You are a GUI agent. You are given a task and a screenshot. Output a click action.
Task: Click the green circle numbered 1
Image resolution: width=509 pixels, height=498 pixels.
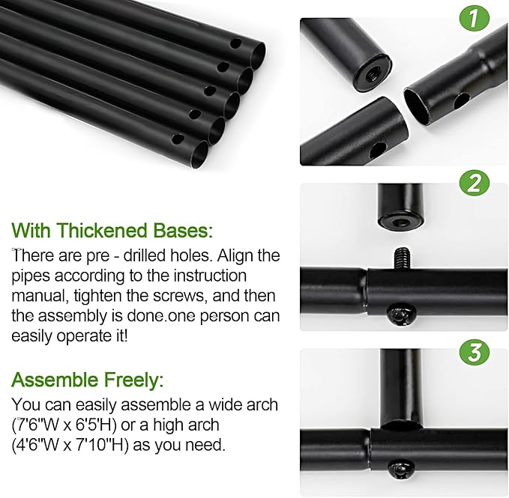pyautogui.click(x=474, y=17)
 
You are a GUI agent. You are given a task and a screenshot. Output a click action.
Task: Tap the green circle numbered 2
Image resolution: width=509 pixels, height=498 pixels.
pyautogui.click(x=474, y=183)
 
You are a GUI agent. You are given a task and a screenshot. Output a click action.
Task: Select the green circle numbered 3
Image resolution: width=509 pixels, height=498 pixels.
pyautogui.click(x=475, y=352)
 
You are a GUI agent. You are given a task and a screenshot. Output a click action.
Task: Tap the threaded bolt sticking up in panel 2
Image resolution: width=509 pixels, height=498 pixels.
pyautogui.click(x=401, y=258)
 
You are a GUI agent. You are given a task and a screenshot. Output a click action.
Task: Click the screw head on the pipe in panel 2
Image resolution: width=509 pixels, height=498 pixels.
pyautogui.click(x=401, y=315)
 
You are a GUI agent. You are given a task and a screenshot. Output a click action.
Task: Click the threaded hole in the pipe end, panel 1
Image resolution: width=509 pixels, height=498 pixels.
pyautogui.click(x=372, y=75)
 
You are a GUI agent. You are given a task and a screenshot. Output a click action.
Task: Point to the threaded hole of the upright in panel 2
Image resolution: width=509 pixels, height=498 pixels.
pyautogui.click(x=400, y=222)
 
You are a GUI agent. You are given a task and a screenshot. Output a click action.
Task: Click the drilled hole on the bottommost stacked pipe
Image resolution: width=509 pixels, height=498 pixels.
pyautogui.click(x=177, y=139)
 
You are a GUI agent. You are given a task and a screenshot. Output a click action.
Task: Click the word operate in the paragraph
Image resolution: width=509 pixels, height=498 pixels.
pyautogui.click(x=83, y=336)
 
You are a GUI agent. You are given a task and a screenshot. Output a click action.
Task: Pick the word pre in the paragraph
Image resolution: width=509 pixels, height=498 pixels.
pyautogui.click(x=97, y=257)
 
